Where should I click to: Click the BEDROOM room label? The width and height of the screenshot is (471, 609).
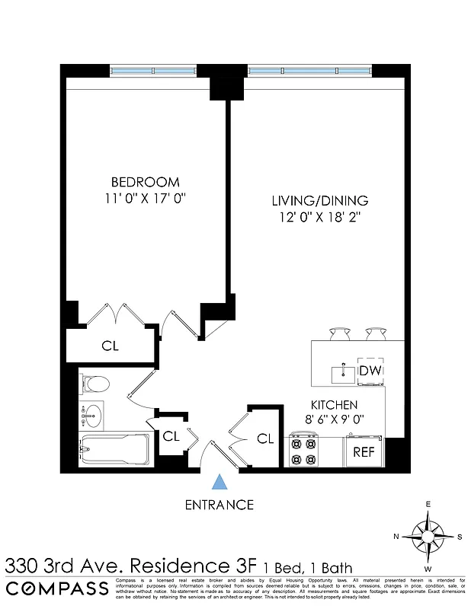[x=146, y=182]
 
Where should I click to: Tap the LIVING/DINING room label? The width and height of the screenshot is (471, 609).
[x=320, y=201]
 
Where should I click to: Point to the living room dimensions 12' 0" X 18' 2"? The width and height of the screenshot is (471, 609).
[x=320, y=218]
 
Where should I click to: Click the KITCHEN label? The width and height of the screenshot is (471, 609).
[x=334, y=405]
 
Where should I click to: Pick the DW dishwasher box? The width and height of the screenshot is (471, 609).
[x=370, y=371]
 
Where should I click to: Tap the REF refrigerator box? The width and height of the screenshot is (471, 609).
[x=364, y=451]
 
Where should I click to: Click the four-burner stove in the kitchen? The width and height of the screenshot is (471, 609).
[x=304, y=450]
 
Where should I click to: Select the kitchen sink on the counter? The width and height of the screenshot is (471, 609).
[x=341, y=373]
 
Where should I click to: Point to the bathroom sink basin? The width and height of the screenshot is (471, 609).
[x=92, y=415]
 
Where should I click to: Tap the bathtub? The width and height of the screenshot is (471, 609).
[x=114, y=451]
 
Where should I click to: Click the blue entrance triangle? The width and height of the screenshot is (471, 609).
[x=220, y=481]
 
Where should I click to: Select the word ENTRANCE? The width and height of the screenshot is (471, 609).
[x=220, y=504]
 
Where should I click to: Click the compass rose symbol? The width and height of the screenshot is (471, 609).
[x=428, y=536]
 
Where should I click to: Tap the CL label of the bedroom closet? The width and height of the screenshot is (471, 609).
[x=111, y=346]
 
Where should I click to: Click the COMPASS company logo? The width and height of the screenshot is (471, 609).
[x=57, y=588]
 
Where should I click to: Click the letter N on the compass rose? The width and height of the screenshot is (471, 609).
[x=396, y=537]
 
